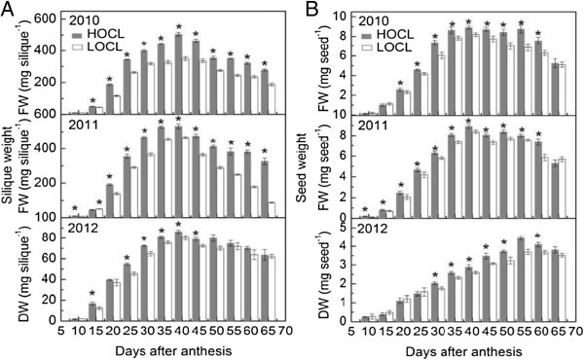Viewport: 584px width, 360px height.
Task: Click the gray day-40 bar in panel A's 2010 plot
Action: click(x=178, y=76)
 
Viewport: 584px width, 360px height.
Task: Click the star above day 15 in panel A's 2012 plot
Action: click(x=92, y=294)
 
